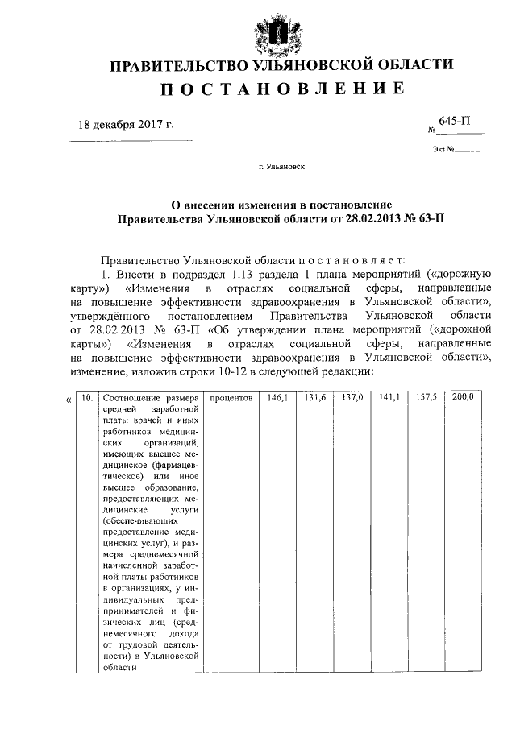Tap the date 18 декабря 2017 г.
point(125,125)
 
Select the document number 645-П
point(456,121)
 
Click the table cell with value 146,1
point(277,398)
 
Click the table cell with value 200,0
point(463,398)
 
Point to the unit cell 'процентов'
point(231,398)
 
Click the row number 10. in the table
point(85,398)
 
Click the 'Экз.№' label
point(444,149)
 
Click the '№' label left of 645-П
point(432,130)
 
